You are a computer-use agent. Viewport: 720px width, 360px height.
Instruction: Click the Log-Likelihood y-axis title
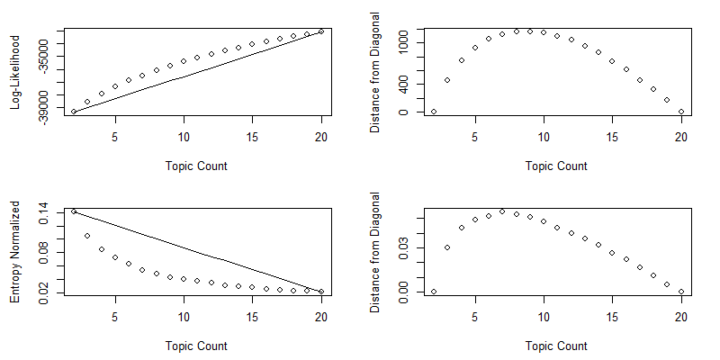coord(16,72)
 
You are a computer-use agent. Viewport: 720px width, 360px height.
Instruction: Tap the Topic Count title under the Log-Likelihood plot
coord(196,166)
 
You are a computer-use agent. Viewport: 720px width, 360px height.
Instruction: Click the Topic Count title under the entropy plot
coord(196,346)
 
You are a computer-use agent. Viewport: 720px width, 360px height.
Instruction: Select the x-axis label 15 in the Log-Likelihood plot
coord(253,137)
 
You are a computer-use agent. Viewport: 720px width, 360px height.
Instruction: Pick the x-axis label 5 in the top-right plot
coord(474,137)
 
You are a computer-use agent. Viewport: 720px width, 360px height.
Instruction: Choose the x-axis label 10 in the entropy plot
coord(184,317)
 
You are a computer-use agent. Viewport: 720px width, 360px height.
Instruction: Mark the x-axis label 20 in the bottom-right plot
coord(681,317)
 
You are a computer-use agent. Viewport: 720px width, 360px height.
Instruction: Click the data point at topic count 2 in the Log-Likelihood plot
coord(73,112)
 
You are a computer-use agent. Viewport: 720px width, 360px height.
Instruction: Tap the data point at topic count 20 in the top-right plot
coord(681,112)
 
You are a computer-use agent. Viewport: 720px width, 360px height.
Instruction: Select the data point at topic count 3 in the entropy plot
coord(87,236)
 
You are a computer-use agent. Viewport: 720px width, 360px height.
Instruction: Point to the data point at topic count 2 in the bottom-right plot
coord(433,292)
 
